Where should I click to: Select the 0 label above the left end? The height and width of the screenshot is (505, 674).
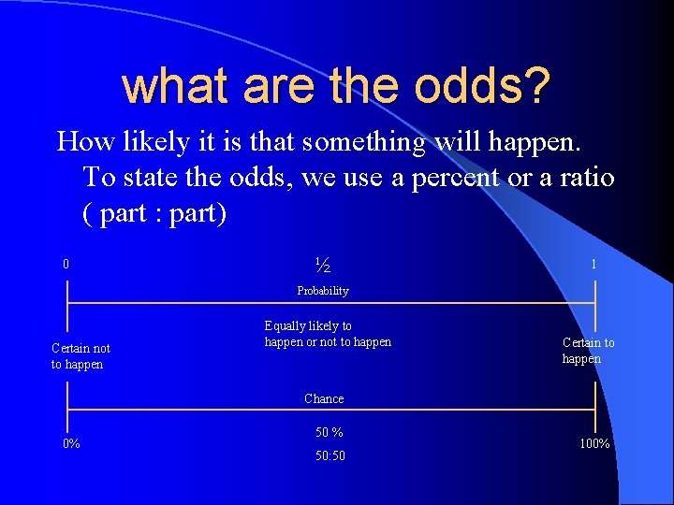click(66, 265)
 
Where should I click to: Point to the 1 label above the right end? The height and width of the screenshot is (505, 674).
click(593, 265)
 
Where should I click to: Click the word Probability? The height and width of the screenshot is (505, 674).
click(323, 291)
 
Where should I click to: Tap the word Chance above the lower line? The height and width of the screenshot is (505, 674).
click(324, 398)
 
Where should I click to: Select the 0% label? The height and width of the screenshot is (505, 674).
click(71, 443)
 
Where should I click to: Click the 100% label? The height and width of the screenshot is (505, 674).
click(594, 443)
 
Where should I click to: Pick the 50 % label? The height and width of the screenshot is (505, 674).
click(329, 432)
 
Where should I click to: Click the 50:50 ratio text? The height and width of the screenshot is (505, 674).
click(329, 455)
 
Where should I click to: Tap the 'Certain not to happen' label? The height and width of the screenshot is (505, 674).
click(81, 356)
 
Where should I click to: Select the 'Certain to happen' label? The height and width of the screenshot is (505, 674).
click(588, 351)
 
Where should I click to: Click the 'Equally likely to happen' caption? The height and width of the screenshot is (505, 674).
click(328, 334)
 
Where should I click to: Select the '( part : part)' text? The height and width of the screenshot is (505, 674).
click(154, 212)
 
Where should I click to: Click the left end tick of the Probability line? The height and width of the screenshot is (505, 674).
click(67, 303)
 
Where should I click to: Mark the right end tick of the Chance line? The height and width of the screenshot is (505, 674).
click(595, 409)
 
